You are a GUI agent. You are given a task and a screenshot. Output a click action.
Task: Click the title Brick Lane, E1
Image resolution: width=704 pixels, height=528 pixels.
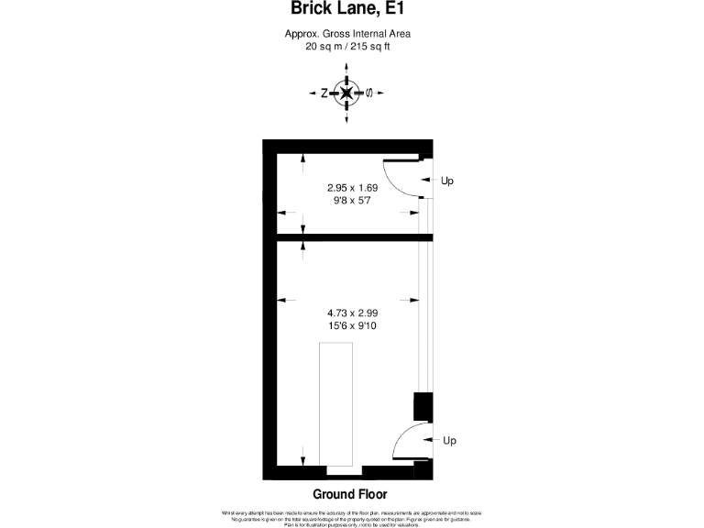click(347, 10)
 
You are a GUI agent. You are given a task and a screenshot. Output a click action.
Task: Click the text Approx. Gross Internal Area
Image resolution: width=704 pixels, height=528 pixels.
click(347, 34)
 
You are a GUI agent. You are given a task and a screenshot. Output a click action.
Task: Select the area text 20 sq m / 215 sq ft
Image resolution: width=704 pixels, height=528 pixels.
click(347, 46)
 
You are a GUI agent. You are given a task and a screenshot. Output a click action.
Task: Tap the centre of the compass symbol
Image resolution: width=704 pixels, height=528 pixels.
click(346, 93)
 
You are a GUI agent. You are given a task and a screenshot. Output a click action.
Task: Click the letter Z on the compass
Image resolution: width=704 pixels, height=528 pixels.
click(324, 93)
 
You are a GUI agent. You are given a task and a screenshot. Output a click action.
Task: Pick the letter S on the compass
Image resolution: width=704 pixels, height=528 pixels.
click(368, 93)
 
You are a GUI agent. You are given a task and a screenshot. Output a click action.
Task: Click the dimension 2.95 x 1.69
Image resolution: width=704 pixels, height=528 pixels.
click(353, 188)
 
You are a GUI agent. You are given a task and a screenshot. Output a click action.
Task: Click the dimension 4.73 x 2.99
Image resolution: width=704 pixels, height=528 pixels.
click(353, 313)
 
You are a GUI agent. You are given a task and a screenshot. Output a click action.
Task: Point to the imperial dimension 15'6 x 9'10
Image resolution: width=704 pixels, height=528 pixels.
click(353, 324)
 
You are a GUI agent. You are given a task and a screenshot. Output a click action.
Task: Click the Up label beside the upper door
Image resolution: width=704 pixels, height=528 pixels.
click(447, 181)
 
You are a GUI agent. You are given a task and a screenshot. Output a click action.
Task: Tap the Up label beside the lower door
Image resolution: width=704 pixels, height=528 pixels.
click(449, 441)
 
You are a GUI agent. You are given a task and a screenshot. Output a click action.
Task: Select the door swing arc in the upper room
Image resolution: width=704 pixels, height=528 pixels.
click(396, 180)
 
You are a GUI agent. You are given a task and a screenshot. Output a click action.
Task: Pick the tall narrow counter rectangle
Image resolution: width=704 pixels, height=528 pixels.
click(335, 404)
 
